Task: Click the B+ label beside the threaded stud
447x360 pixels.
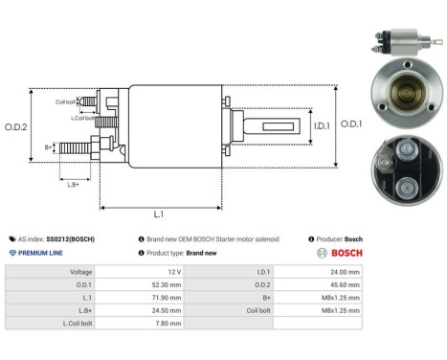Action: [49, 146]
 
